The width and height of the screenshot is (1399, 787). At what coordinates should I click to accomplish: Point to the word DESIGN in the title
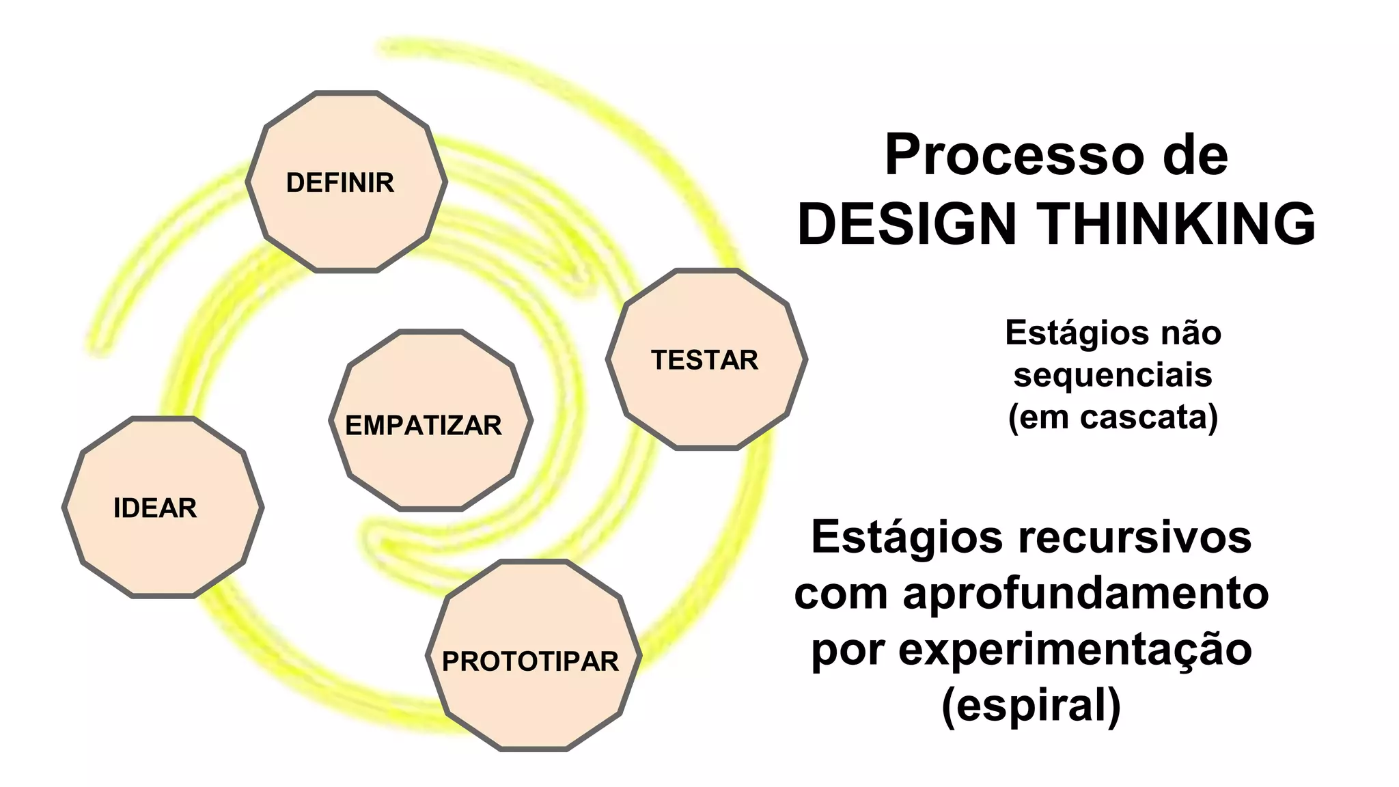[908, 223]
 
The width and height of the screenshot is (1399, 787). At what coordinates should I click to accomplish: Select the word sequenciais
[1113, 375]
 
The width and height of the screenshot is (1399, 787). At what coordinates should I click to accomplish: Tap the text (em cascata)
[1113, 417]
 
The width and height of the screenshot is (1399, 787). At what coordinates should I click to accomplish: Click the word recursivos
[1135, 537]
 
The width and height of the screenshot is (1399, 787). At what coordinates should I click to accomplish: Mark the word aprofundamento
[1086, 593]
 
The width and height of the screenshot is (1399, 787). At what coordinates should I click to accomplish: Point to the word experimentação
[1075, 649]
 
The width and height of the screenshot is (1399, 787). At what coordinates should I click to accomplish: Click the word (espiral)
[1031, 705]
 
